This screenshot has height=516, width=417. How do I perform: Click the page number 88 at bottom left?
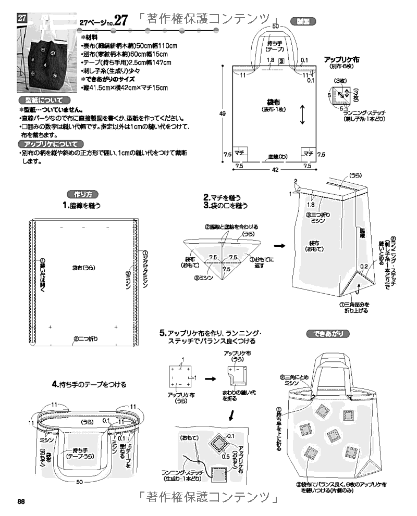point(21,501)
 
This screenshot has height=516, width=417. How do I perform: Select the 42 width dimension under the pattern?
point(275,169)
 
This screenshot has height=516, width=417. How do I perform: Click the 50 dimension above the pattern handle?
point(275,26)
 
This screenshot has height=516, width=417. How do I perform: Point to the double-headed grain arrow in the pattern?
point(302,115)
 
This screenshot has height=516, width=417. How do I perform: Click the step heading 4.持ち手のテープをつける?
point(89,384)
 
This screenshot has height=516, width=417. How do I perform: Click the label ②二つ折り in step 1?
point(85,338)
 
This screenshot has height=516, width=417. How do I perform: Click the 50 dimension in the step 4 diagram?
point(80,482)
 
